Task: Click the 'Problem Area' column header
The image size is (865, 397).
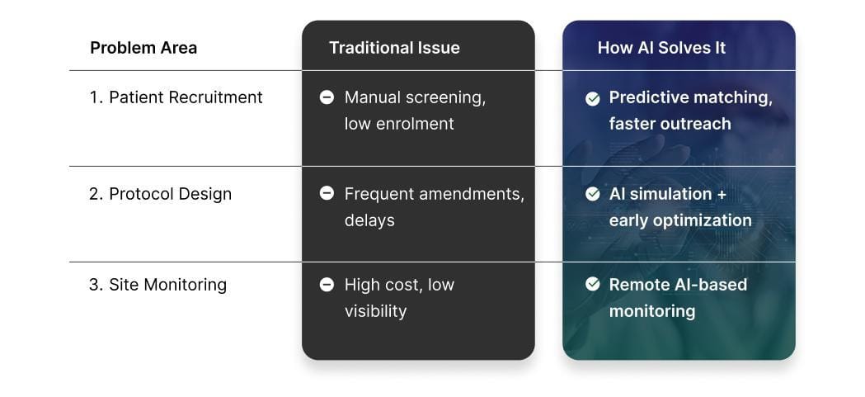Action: (143, 48)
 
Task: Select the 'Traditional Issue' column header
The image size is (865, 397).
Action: (394, 48)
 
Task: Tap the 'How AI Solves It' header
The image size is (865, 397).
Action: (661, 48)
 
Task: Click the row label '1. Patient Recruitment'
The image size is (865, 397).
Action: (176, 97)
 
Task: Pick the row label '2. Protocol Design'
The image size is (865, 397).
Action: (161, 194)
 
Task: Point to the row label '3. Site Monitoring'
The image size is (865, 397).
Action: (157, 285)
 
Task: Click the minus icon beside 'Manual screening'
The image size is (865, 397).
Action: (327, 97)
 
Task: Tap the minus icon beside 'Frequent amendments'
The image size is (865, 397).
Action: (327, 193)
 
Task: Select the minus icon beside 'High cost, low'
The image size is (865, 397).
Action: (327, 285)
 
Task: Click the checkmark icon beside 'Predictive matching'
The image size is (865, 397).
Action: (592, 98)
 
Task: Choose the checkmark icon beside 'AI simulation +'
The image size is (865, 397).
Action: (592, 194)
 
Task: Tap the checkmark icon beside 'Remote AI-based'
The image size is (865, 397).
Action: (592, 284)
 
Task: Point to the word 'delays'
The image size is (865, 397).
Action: (369, 220)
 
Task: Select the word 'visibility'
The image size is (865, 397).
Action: (375, 311)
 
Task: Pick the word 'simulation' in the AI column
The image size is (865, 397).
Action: (670, 194)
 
